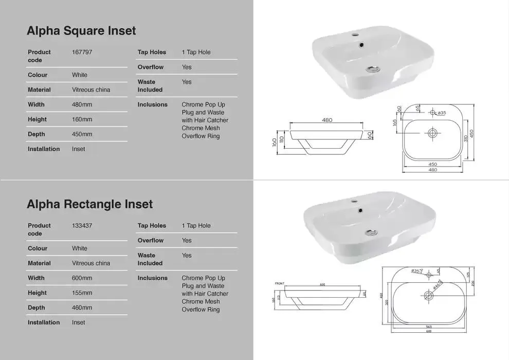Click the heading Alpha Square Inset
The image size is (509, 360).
[81, 31]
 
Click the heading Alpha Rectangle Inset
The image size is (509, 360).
[89, 204]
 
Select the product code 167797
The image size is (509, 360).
[82, 52]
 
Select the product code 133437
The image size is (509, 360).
[82, 225]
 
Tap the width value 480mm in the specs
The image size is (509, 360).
[82, 104]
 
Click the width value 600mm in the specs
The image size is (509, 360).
[82, 278]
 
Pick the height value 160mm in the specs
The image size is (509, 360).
[82, 119]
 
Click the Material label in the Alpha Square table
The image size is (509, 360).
[39, 89]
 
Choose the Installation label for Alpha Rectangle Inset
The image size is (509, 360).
[44, 322]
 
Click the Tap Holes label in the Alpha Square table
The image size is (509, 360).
[152, 52]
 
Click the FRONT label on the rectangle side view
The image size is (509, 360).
[279, 283]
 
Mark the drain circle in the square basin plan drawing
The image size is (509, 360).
[432, 133]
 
